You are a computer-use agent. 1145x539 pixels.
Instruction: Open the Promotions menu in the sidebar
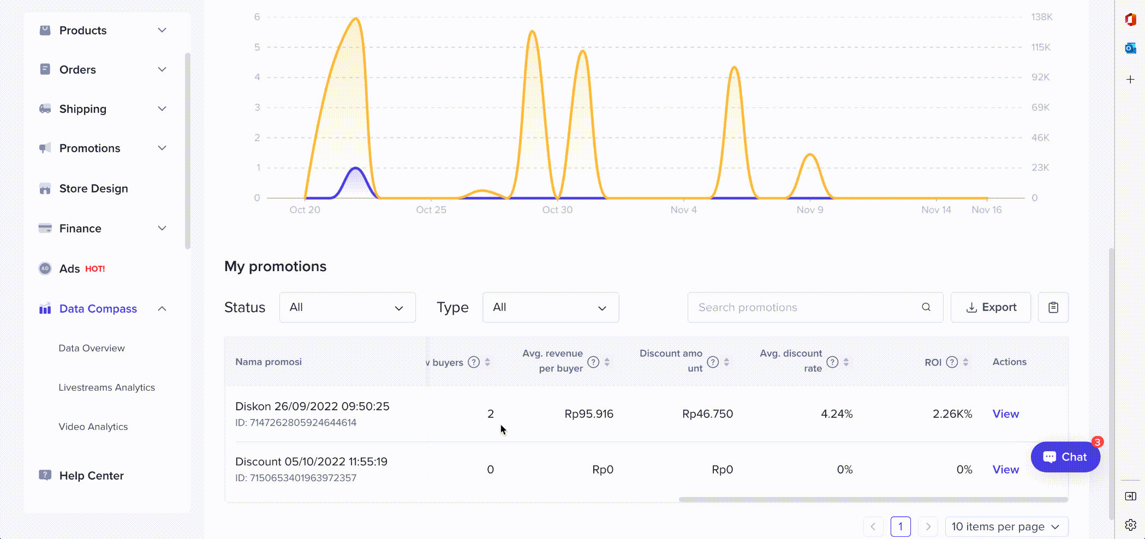90,148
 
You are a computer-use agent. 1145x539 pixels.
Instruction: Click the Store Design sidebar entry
93,189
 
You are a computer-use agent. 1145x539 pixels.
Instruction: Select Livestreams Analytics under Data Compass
106,387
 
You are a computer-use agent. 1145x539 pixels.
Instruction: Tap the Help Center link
91,476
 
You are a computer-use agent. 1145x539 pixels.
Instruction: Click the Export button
991,307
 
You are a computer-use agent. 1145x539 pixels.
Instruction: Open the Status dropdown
347,307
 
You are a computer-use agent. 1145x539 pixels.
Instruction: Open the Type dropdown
550,307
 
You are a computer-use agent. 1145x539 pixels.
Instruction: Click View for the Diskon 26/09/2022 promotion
1005,414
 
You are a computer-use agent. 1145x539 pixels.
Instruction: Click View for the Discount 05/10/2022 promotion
1005,470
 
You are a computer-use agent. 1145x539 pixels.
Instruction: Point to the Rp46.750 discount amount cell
707,414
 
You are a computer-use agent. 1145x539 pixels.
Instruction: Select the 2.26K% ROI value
952,414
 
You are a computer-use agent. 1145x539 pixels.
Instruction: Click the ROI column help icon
952,362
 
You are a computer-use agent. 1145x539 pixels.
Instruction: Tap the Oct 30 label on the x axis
557,210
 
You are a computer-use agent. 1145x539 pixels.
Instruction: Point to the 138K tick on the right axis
1041,17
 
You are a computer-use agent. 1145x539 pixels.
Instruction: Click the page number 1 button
900,526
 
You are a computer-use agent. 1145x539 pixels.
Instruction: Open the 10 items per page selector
1006,526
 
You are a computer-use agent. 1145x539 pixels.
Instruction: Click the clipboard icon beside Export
1053,307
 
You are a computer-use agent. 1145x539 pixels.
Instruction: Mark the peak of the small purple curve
356,168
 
